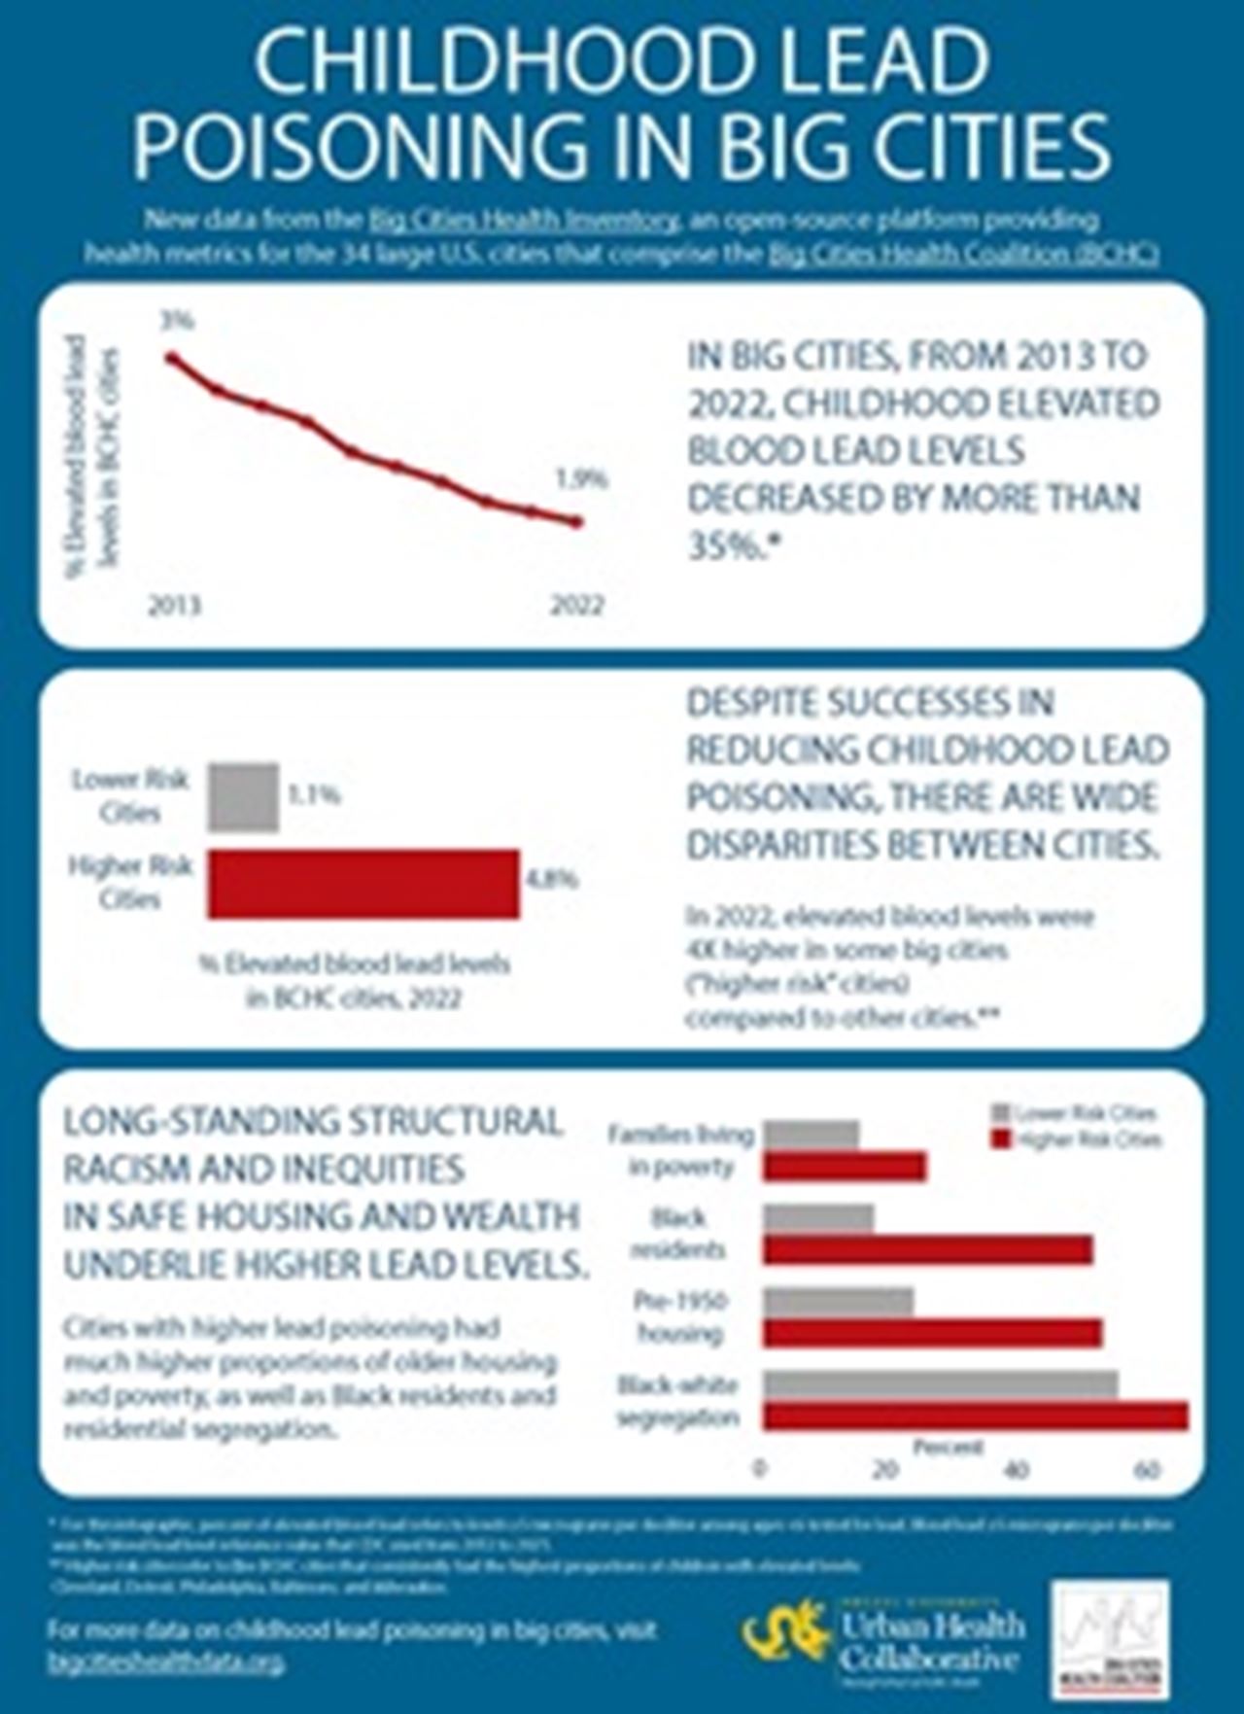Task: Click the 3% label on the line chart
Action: [177, 320]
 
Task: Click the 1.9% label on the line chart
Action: [581, 478]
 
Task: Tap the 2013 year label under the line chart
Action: [175, 606]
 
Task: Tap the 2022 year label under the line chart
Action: [577, 606]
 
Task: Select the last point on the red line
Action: [576, 522]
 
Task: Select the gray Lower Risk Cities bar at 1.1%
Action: [243, 797]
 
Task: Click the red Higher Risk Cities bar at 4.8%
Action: [363, 883]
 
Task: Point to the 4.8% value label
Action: [552, 880]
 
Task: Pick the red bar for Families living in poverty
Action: [844, 1166]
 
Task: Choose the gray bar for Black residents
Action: [818, 1218]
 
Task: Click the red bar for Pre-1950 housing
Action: [931, 1333]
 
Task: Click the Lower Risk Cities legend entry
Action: [1075, 1114]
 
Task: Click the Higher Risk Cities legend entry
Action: [1075, 1139]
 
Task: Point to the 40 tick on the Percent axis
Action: [1016, 1469]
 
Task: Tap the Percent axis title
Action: [948, 1448]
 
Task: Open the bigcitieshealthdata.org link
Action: [166, 1662]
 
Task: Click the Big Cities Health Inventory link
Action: [524, 220]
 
